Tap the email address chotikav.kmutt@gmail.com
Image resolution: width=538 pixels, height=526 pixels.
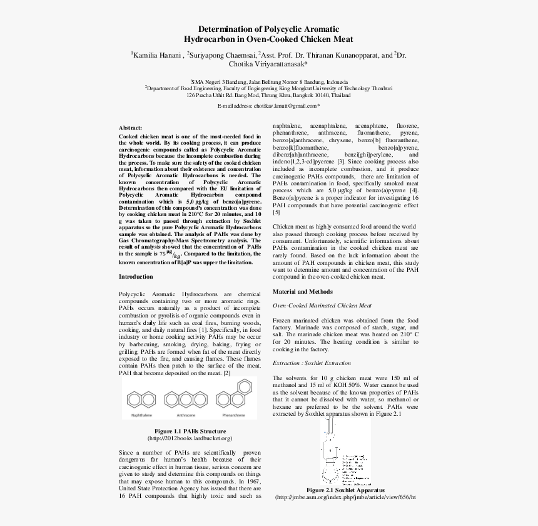coord(267,106)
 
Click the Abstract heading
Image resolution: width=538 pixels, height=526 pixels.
coord(130,127)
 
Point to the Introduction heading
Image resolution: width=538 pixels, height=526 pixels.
coord(135,276)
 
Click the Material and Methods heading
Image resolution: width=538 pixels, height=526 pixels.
coord(302,292)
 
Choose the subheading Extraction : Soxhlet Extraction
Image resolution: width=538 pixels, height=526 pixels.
coord(312,363)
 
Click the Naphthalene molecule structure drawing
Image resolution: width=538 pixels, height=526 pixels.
coord(141,398)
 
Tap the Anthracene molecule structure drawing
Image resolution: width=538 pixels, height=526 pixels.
coord(186,398)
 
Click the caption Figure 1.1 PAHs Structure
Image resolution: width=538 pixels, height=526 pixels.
coord(190,431)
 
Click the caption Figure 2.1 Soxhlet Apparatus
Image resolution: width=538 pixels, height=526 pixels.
coord(345,490)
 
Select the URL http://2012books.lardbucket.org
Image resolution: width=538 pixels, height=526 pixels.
coord(190,438)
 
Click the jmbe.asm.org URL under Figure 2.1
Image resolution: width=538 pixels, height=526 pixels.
coord(345,497)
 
